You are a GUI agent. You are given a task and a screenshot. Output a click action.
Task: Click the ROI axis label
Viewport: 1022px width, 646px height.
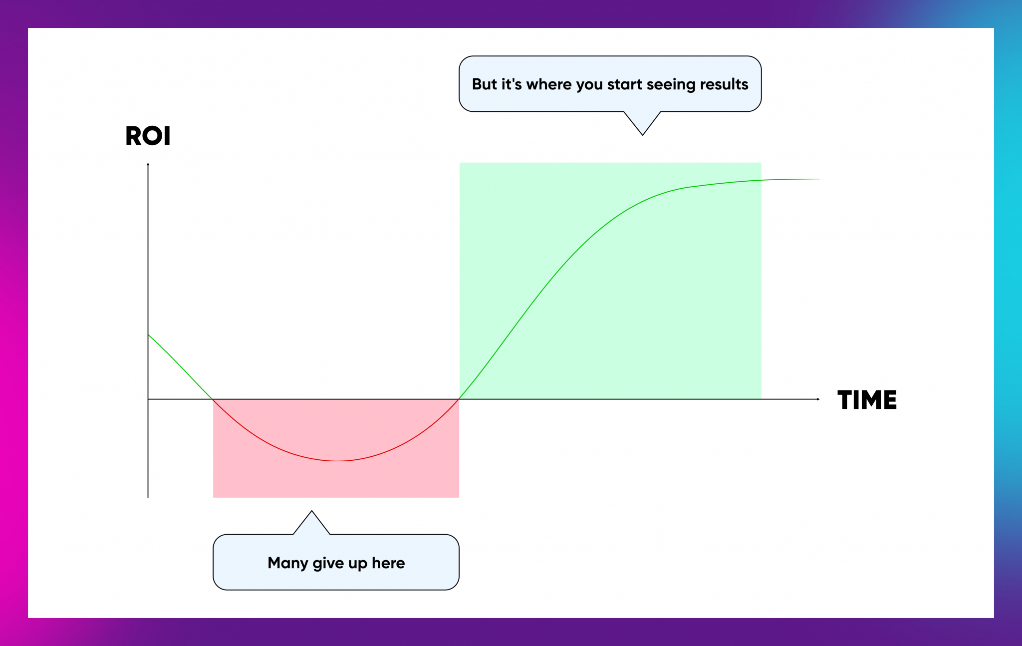(148, 136)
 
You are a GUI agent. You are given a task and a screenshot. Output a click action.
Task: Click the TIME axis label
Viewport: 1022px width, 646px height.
(867, 400)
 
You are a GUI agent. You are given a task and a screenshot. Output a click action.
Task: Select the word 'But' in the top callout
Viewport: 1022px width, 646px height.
(485, 84)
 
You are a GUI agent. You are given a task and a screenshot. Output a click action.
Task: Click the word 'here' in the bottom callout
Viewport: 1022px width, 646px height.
(388, 563)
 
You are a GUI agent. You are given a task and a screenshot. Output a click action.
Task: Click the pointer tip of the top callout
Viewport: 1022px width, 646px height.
(643, 135)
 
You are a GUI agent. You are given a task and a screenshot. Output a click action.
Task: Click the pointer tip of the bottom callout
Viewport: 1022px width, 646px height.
(311, 511)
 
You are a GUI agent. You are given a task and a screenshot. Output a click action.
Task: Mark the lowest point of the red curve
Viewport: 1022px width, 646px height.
(337, 460)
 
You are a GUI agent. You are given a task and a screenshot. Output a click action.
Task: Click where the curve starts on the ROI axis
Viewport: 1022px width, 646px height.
(148, 334)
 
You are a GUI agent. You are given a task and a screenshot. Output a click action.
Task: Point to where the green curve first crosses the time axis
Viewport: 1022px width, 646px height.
(213, 399)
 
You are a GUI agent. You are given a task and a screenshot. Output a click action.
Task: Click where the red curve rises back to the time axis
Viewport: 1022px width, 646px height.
(459, 399)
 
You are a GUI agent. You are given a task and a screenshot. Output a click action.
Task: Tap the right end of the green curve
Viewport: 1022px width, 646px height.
(819, 179)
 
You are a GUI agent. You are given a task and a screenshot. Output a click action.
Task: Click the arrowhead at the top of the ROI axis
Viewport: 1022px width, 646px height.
(148, 164)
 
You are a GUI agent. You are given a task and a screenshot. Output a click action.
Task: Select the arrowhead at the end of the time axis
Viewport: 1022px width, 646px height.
(818, 399)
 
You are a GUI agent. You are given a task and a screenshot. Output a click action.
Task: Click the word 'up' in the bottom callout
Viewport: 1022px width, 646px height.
(358, 565)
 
